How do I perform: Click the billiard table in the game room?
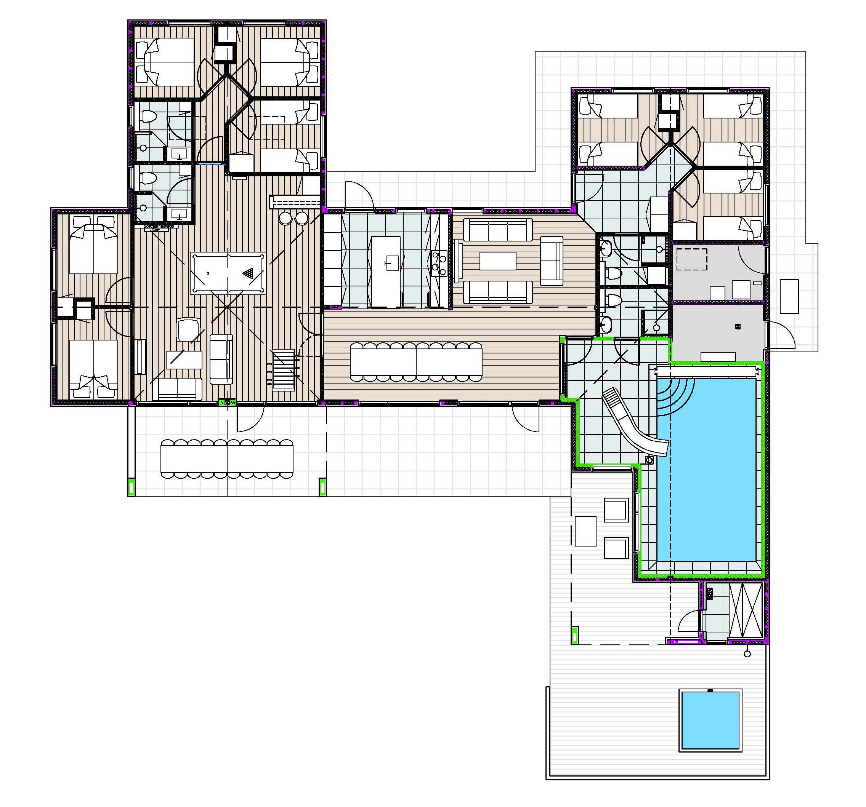pyautogui.click(x=228, y=274)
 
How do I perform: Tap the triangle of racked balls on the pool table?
pyautogui.click(x=249, y=273)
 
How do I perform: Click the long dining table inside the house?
pyautogui.click(x=416, y=361)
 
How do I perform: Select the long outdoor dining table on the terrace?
pyautogui.click(x=227, y=459)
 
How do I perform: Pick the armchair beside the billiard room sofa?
pyautogui.click(x=188, y=329)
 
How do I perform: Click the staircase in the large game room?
pyautogui.click(x=283, y=370)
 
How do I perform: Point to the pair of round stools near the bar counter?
pyautogui.click(x=293, y=218)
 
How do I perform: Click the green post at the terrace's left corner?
pyautogui.click(x=131, y=487)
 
